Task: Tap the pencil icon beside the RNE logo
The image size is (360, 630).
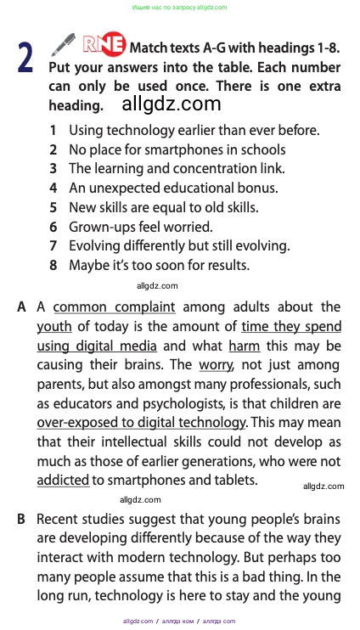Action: (x=65, y=44)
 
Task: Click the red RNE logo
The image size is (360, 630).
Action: (x=104, y=45)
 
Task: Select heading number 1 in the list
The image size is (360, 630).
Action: (x=53, y=131)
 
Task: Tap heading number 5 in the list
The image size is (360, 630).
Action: (x=53, y=207)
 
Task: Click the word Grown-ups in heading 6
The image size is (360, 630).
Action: (x=98, y=227)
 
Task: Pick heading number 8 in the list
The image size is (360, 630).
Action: (x=53, y=265)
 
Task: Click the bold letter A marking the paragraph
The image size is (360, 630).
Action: (x=21, y=307)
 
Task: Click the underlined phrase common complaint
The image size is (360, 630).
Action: (x=114, y=307)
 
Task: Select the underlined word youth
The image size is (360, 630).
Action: (x=53, y=326)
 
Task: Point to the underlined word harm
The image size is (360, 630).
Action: (x=244, y=346)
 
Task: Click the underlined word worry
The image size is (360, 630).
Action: (x=216, y=365)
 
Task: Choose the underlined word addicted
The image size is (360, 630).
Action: (x=63, y=480)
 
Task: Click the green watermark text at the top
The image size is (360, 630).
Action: (x=180, y=7)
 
